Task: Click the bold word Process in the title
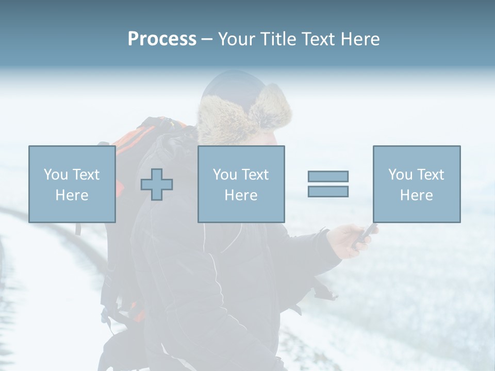[162, 39]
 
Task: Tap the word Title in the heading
[277, 39]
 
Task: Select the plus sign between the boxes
[157, 184]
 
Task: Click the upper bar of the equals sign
[328, 176]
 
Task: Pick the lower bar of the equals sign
[328, 191]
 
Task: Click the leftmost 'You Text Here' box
[72, 184]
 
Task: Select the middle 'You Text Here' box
[241, 184]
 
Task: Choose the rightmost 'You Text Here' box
[416, 184]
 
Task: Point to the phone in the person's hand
[367, 233]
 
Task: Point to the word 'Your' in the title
[237, 39]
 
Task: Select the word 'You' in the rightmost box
[400, 175]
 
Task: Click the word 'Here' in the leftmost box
[72, 195]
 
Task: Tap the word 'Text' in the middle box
[255, 175]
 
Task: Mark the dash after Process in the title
[207, 39]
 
